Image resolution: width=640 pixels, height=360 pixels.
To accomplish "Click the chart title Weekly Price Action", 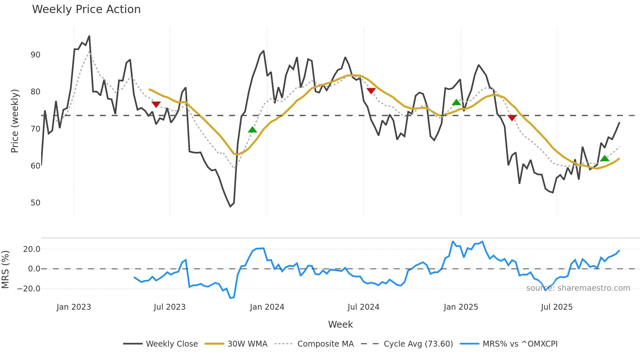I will [86, 9].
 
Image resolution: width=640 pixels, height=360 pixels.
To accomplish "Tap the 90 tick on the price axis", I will [36, 55].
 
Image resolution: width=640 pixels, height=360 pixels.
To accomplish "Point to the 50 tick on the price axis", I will [36, 203].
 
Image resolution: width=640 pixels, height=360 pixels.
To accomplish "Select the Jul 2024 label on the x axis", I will [363, 307].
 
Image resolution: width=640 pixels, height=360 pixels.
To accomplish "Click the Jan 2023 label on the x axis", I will [74, 307].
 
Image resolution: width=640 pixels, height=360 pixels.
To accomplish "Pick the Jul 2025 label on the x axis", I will [557, 307].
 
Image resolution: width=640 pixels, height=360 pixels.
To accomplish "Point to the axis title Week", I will [340, 324].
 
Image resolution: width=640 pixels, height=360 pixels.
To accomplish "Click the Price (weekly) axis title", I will [15, 121].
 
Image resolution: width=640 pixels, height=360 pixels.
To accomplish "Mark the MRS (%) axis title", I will [5, 270].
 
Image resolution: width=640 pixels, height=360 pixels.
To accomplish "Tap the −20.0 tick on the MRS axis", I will [29, 289].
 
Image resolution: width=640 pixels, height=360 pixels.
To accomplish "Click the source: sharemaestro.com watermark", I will [578, 288].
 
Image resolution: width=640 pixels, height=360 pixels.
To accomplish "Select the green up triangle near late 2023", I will [252, 130].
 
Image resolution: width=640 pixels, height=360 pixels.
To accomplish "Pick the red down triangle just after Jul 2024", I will [371, 91].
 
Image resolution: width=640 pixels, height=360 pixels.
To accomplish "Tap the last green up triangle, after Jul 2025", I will [605, 158].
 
